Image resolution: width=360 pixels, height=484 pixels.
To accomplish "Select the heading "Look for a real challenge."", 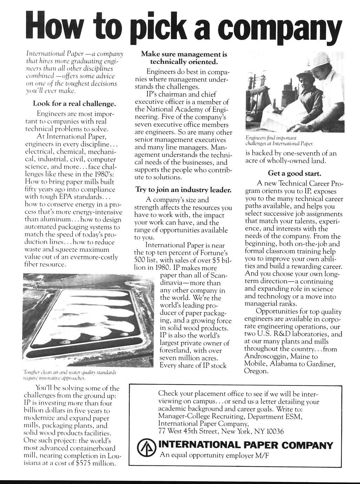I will click(74, 104).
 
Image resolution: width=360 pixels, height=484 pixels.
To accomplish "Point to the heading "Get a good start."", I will click(294, 173).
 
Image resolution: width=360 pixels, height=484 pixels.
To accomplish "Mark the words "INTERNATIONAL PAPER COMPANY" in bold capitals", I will click(246, 445).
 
